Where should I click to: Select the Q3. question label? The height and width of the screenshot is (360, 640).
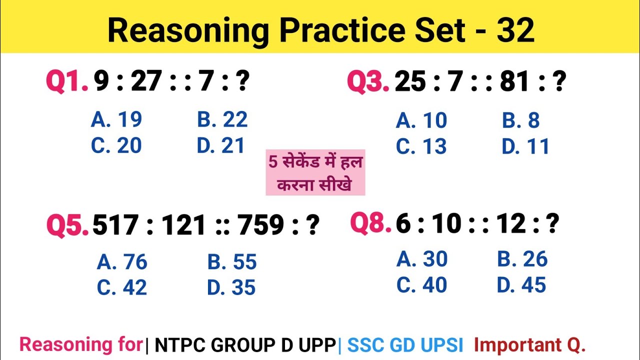(x=368, y=81)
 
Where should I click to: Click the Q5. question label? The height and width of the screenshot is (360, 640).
(x=68, y=225)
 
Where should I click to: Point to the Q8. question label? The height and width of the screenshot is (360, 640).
(x=370, y=223)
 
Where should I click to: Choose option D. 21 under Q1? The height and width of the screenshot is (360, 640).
(x=221, y=145)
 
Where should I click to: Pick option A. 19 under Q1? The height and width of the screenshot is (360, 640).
(x=116, y=119)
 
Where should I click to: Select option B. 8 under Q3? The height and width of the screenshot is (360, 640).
(x=520, y=120)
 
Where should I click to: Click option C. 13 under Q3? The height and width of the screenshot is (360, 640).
(x=421, y=146)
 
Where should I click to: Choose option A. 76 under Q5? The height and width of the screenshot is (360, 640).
(x=122, y=262)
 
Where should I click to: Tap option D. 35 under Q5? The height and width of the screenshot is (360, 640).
(x=231, y=287)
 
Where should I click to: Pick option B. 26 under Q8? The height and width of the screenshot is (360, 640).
(x=522, y=259)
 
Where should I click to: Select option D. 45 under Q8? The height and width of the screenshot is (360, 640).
(x=521, y=285)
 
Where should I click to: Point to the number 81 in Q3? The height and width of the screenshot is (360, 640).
(x=514, y=82)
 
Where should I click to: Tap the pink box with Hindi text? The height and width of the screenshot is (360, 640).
(x=315, y=172)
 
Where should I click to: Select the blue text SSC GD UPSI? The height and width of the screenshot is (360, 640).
(x=405, y=344)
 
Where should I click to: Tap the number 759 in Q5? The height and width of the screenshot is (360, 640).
(x=260, y=225)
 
